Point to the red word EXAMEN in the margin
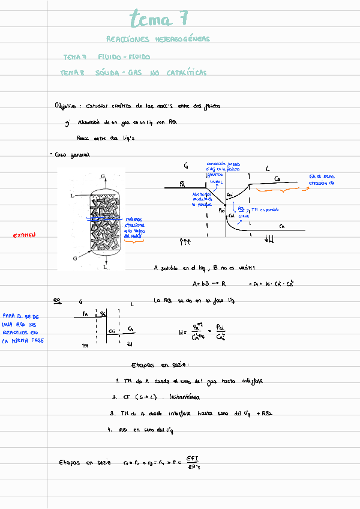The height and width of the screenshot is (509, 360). (25, 235)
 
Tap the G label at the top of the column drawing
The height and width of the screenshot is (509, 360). (104, 176)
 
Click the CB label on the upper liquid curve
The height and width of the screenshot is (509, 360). (277, 179)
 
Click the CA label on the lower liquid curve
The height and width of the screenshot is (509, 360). (282, 226)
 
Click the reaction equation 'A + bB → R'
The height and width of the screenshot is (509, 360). (208, 283)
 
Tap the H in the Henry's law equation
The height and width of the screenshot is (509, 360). (181, 331)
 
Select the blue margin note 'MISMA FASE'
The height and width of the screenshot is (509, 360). (25, 341)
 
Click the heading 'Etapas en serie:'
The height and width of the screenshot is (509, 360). (160, 365)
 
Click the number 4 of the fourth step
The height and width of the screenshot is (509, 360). (110, 430)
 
